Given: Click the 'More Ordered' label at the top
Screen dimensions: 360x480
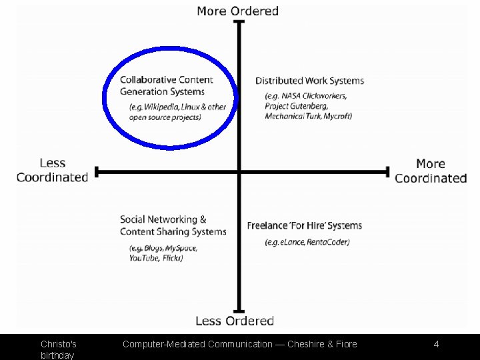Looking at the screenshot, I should [x=237, y=11].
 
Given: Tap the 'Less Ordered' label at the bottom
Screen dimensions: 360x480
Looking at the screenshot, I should [x=235, y=321].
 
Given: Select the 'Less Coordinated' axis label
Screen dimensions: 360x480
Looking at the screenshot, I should [x=53, y=170].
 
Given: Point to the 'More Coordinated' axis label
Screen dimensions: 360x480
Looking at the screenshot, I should [x=431, y=171].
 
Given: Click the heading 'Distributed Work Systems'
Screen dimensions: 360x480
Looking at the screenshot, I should [x=309, y=81].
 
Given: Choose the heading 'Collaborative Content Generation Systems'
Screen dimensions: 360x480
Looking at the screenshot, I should [x=167, y=86].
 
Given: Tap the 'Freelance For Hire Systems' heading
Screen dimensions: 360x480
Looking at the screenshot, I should [x=304, y=226].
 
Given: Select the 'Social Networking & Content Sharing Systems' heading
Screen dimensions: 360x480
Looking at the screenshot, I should [x=173, y=225].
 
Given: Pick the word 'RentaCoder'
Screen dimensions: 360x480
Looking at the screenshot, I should [x=328, y=242].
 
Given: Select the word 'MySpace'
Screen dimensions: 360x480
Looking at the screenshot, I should [x=181, y=248].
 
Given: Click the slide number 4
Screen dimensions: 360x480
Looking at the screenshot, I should [x=436, y=345].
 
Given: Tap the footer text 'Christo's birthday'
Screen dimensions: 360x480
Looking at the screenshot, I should [x=59, y=349].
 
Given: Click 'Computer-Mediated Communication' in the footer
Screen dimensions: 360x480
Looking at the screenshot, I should [x=197, y=345].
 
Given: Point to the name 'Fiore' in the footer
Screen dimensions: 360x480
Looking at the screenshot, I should [x=345, y=345].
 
